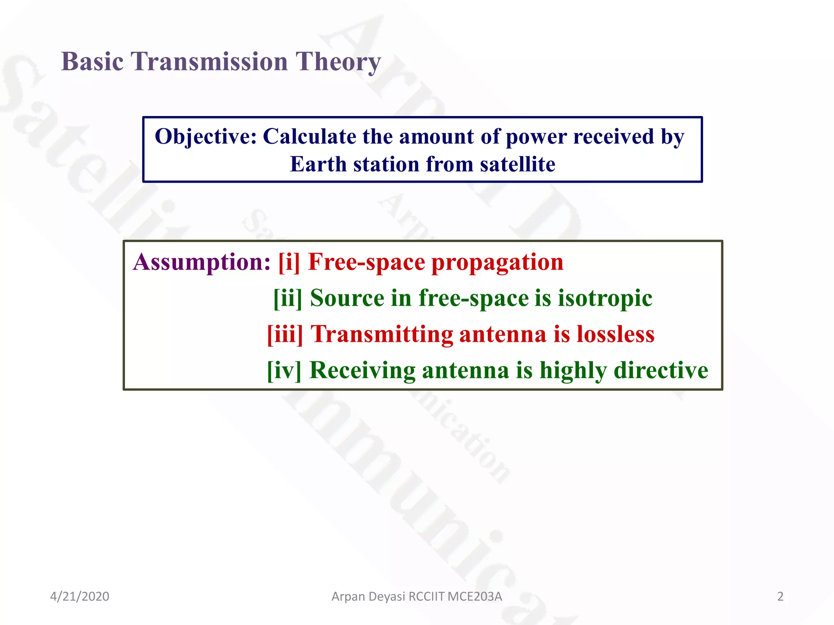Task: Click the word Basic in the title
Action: (92, 62)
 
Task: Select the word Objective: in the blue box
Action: (206, 137)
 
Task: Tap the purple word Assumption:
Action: (202, 262)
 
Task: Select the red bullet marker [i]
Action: (289, 262)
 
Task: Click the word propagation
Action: (497, 263)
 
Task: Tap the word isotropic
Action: (605, 298)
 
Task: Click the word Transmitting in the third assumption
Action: (382, 334)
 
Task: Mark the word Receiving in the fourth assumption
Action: (362, 371)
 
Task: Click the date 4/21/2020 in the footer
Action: (79, 597)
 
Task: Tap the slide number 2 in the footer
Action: (780, 597)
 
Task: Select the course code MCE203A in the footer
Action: (474, 597)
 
